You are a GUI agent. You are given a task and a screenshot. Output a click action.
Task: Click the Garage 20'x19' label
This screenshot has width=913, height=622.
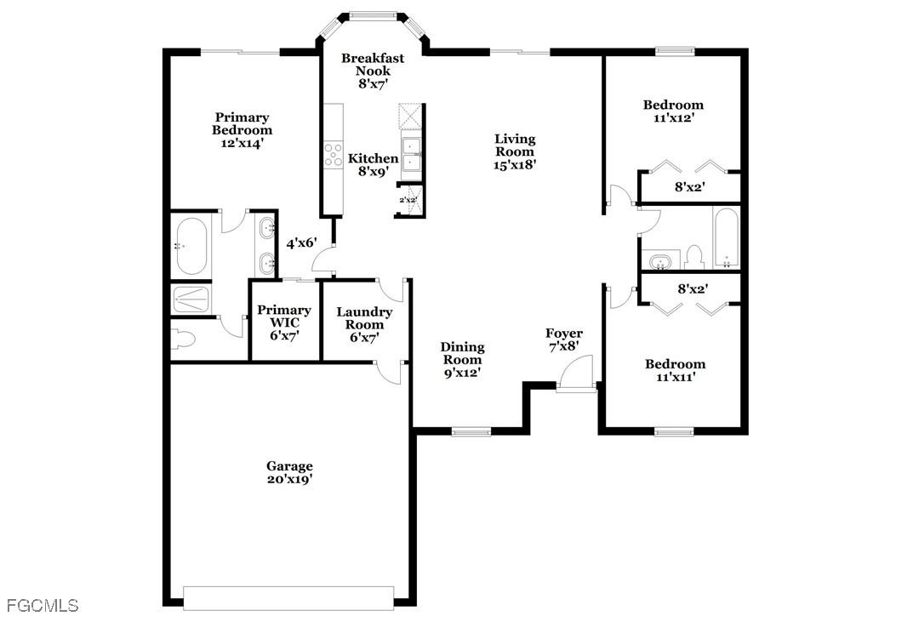coord(289,472)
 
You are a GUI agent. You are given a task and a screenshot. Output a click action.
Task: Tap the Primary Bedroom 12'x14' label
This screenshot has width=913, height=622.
coord(242,130)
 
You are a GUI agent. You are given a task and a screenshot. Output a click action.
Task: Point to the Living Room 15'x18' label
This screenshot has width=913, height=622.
coord(515,151)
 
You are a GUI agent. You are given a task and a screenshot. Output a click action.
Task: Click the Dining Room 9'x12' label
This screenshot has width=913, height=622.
coord(462,359)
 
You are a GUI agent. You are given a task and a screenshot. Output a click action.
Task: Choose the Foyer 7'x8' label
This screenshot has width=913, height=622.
coord(563,340)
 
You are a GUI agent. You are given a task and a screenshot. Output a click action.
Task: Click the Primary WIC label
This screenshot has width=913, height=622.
coord(284,322)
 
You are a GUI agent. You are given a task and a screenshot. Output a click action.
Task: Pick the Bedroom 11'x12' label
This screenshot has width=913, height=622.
coord(673,111)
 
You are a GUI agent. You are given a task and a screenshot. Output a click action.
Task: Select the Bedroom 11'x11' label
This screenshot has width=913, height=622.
coord(675,370)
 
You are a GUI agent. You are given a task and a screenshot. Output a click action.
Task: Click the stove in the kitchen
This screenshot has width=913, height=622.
coord(333,155)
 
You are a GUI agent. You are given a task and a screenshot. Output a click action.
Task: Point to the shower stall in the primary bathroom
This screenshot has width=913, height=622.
coord(191,300)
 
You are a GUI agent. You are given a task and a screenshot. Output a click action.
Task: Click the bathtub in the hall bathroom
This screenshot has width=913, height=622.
coord(727,238)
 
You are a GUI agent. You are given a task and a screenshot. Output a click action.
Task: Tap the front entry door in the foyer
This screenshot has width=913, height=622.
coord(575,373)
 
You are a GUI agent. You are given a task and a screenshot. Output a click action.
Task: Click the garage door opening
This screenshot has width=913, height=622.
coord(288,598)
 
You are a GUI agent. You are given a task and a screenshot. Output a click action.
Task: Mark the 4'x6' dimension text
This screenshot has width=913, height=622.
coord(301,243)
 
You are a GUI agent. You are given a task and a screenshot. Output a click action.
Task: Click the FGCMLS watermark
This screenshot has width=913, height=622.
coord(43,605)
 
